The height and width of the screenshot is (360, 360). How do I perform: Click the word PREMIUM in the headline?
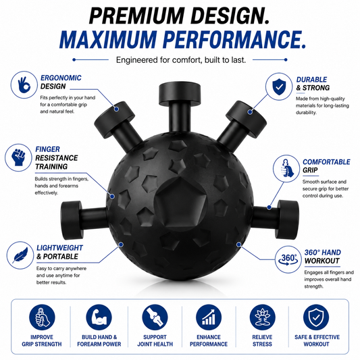click(136, 16)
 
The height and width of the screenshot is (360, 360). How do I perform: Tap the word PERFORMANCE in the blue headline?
click(234, 39)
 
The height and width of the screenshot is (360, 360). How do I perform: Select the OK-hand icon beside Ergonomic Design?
click(24, 85)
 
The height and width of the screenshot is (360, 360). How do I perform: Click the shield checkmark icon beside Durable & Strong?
click(279, 86)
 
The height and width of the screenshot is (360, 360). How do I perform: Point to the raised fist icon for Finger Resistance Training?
click(18, 157)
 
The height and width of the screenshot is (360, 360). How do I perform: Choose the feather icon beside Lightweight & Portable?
click(20, 255)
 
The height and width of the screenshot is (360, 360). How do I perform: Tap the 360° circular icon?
click(288, 259)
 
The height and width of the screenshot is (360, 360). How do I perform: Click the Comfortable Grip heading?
click(326, 166)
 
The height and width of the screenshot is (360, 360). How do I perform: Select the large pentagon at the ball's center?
click(181, 201)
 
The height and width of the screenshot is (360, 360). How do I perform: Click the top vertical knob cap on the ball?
click(180, 93)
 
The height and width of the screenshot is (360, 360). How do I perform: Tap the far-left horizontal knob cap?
click(71, 220)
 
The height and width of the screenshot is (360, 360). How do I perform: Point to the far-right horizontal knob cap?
click(288, 219)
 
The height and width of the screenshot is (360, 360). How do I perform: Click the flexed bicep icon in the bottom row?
click(99, 317)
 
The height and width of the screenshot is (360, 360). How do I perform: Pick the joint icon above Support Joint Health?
click(155, 317)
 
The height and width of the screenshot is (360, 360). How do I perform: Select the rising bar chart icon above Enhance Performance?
click(209, 317)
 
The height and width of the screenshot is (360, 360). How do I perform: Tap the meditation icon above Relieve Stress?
click(263, 317)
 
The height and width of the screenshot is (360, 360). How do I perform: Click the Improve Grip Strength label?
click(42, 340)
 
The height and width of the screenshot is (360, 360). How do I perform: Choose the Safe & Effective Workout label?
click(317, 340)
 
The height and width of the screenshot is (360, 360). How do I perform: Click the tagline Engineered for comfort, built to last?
click(181, 60)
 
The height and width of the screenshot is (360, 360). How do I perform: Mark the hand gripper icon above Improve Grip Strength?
click(42, 317)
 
